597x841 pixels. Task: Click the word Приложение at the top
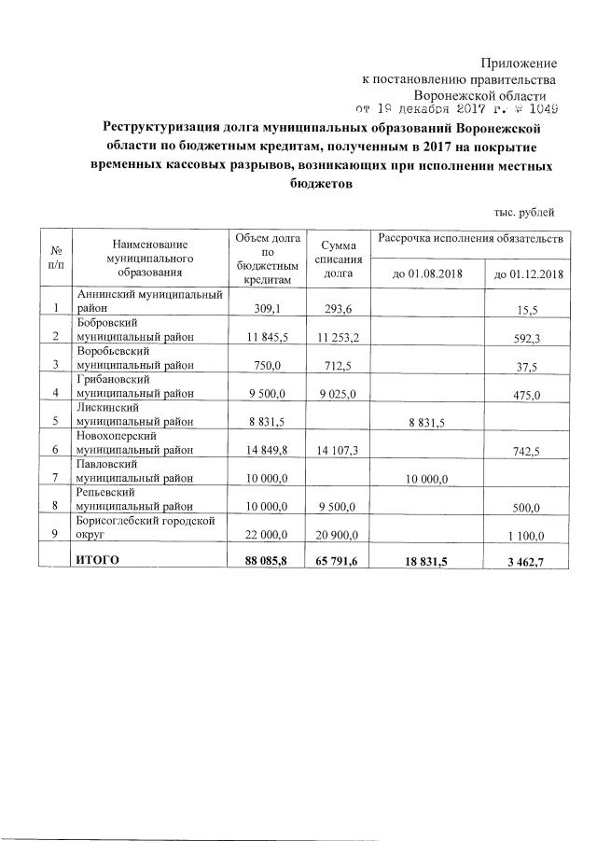tap(519, 63)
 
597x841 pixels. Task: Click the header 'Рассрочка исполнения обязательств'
tap(470, 241)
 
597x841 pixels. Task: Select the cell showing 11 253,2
tap(338, 336)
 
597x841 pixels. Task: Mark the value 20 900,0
tap(338, 535)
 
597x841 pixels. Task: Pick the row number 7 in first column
tap(56, 479)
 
